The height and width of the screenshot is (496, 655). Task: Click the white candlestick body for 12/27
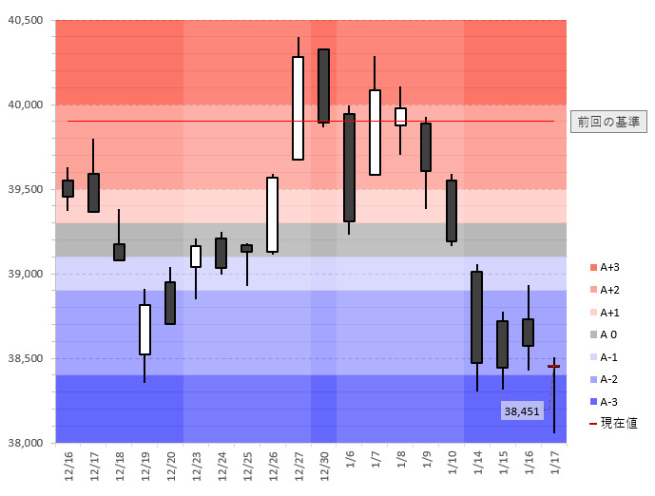[x=298, y=108]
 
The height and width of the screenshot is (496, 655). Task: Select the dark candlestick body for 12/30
[x=323, y=86]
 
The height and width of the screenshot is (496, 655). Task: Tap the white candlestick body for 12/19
[x=144, y=330]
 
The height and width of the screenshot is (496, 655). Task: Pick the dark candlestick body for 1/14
[x=476, y=317]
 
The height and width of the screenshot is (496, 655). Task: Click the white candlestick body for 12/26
[x=272, y=215]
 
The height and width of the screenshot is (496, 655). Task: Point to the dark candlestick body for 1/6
[x=349, y=167]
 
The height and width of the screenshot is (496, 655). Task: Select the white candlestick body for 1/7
[x=375, y=133]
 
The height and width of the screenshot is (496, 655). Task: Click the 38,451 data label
[x=522, y=411]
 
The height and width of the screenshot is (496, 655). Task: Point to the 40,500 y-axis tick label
[x=29, y=20]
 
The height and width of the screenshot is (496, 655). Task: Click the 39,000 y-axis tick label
[x=29, y=274]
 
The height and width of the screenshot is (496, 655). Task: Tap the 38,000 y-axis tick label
[x=29, y=443]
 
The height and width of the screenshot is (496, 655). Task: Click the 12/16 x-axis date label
[x=68, y=466]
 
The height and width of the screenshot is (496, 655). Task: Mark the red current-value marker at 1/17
[x=553, y=366]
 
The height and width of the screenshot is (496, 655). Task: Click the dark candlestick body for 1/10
[x=452, y=211]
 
